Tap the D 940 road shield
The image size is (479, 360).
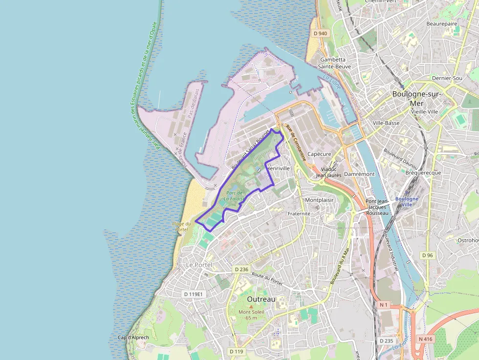click(320, 33)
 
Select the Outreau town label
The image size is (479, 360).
click(261, 299)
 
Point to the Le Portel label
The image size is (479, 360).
click(200, 264)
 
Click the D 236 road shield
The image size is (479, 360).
click(241, 269)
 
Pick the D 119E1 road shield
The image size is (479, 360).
click(193, 294)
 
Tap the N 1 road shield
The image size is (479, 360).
click(384, 305)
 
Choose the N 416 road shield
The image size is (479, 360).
click(426, 339)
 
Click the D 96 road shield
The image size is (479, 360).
click(428, 255)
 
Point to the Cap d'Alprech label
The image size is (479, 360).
click(133, 338)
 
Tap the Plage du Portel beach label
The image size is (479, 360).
click(181, 227)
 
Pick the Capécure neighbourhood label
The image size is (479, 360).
click(319, 154)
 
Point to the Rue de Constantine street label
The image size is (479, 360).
click(296, 143)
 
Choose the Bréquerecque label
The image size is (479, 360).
click(423, 172)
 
